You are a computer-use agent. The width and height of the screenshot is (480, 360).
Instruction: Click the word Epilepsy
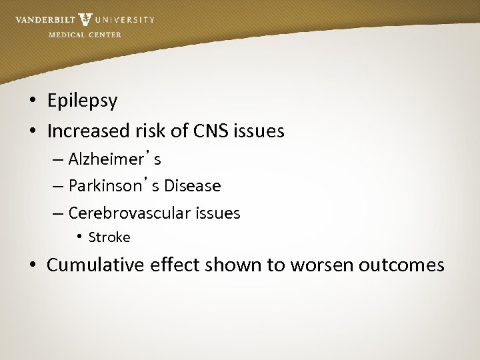(82, 101)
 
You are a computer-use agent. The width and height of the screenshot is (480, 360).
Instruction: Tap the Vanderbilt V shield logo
(85, 19)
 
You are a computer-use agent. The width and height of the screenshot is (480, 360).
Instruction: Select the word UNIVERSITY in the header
(125, 20)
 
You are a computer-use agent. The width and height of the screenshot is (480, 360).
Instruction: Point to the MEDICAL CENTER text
(85, 34)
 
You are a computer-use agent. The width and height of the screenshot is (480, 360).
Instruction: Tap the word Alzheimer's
(115, 160)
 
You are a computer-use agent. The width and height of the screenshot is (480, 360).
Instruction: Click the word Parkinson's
(114, 186)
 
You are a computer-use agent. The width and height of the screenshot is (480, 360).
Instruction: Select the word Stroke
(109, 237)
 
